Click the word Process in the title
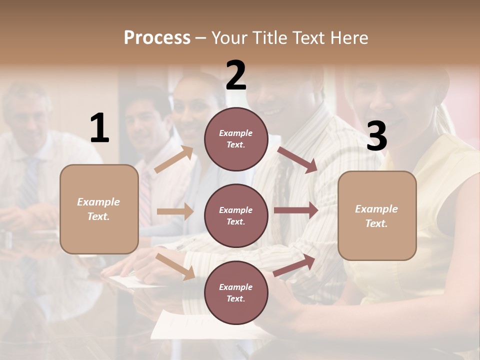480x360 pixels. point(157,37)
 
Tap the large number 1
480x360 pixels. point(99,128)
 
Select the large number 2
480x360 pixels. point(236,75)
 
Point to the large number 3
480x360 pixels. point(376,136)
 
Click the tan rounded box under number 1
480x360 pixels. point(99,209)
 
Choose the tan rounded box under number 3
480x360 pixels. point(377,215)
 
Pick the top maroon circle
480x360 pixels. point(236,139)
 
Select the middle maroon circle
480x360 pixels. point(236,215)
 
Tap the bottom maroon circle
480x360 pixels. point(236,292)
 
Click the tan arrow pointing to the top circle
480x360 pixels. point(174,159)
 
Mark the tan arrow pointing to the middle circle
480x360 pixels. point(175,211)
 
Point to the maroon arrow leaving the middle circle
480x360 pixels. point(296,210)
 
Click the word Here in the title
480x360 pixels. point(349,37)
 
